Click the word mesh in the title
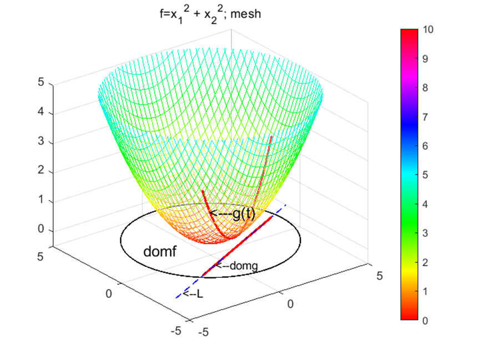246,14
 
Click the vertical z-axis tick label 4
40,113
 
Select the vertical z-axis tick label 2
40,172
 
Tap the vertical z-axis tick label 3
40,143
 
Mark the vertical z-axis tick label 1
40,201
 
